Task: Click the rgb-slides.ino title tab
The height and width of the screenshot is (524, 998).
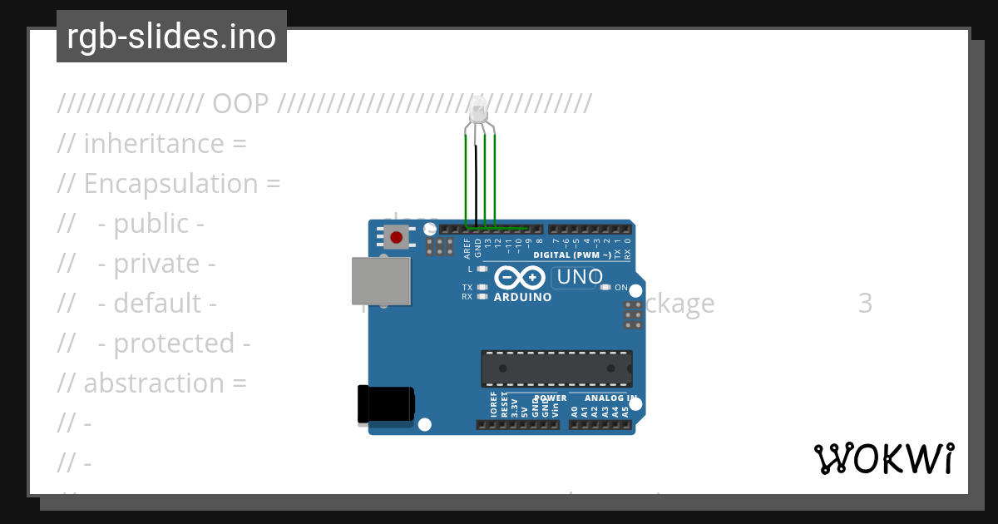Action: pyautogui.click(x=171, y=37)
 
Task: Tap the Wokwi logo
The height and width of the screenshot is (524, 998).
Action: pyautogui.click(x=884, y=459)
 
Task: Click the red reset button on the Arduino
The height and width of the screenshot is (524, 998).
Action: pyautogui.click(x=396, y=237)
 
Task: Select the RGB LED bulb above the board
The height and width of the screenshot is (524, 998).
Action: pyautogui.click(x=478, y=110)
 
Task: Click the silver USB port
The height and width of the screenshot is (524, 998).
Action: pyautogui.click(x=381, y=280)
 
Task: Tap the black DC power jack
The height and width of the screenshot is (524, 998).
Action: pyautogui.click(x=384, y=404)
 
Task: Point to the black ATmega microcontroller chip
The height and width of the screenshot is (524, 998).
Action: pyautogui.click(x=556, y=368)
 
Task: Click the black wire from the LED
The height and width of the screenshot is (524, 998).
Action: pyautogui.click(x=476, y=179)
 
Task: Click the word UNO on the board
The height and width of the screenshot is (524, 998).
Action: pyautogui.click(x=580, y=277)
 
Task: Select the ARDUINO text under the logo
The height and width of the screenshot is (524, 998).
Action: pyautogui.click(x=522, y=297)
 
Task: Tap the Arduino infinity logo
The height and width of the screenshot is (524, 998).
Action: pyautogui.click(x=521, y=277)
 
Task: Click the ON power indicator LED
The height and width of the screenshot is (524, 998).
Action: pyautogui.click(x=607, y=287)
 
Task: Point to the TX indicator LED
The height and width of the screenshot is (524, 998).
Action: pyautogui.click(x=482, y=287)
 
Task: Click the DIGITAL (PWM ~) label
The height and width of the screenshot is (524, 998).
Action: pyautogui.click(x=572, y=255)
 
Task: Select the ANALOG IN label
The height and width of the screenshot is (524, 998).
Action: pyautogui.click(x=605, y=398)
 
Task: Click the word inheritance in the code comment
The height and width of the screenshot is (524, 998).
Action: pyautogui.click(x=154, y=144)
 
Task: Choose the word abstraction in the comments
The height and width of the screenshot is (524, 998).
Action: pyautogui.click(x=154, y=383)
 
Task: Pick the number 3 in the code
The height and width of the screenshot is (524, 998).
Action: pyautogui.click(x=865, y=304)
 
